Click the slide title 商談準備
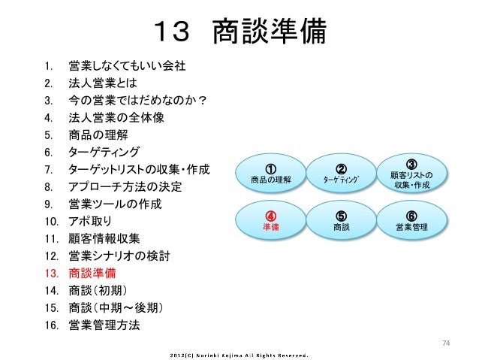tap(239, 33)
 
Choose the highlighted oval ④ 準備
tap(270, 220)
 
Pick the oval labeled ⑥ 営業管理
tap(411, 220)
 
